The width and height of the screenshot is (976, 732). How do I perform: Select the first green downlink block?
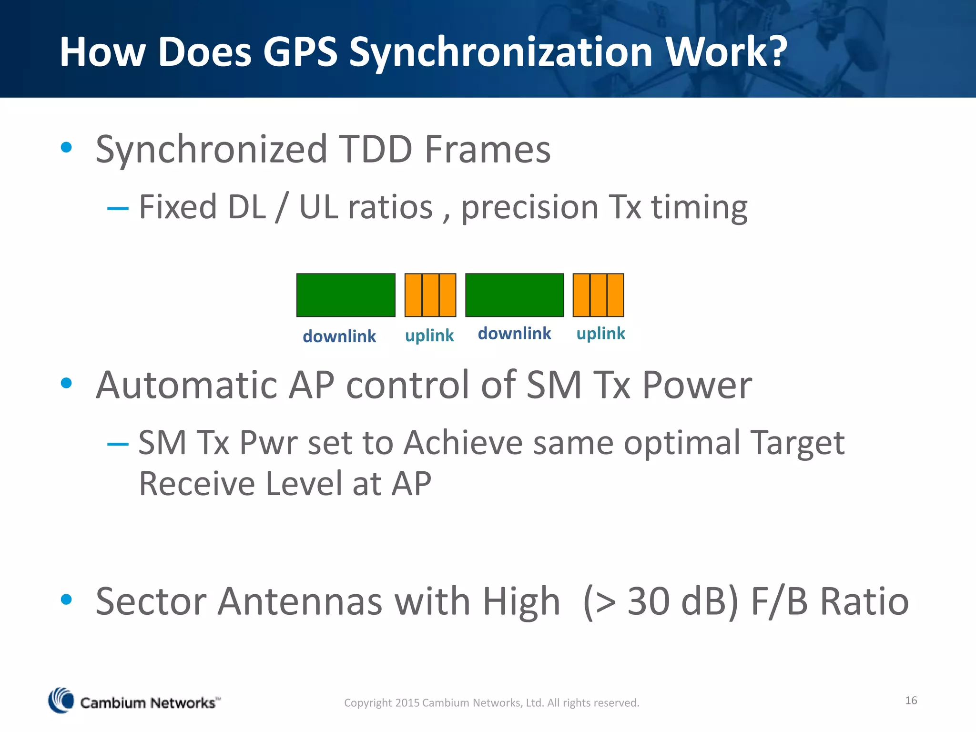pyautogui.click(x=346, y=295)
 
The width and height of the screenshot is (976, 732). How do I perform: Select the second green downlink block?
pyautogui.click(x=514, y=295)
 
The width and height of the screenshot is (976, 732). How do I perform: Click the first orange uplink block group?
pyautogui.click(x=430, y=295)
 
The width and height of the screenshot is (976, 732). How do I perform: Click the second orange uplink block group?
pyautogui.click(x=598, y=295)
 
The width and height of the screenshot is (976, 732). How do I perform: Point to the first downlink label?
pyautogui.click(x=339, y=336)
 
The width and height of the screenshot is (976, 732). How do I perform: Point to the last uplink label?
pyautogui.click(x=600, y=334)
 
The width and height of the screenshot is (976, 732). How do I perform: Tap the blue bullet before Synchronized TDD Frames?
pyautogui.click(x=66, y=147)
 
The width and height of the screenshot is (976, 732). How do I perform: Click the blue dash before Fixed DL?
pyautogui.click(x=118, y=208)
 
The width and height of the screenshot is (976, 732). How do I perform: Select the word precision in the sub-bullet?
pyautogui.click(x=529, y=208)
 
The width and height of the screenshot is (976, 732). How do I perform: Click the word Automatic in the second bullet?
pyautogui.click(x=186, y=385)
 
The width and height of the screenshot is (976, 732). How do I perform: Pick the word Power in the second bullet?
pyautogui.click(x=697, y=385)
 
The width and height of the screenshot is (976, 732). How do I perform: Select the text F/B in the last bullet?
pyautogui.click(x=779, y=601)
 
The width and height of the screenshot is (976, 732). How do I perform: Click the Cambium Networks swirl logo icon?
pyautogui.click(x=61, y=701)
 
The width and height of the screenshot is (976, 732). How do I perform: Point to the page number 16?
pyautogui.click(x=911, y=700)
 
